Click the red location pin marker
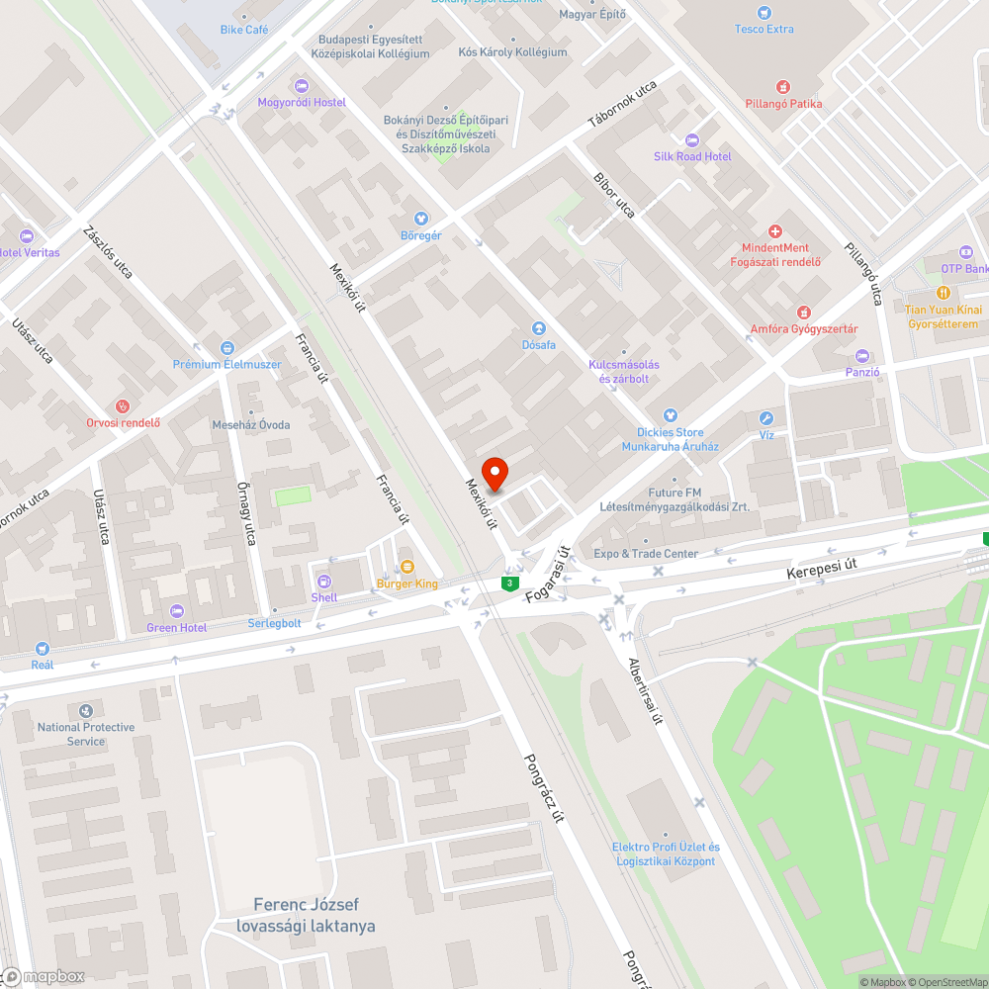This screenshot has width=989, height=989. pyautogui.click(x=494, y=473)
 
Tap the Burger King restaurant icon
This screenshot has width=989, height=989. pyautogui.click(x=406, y=567)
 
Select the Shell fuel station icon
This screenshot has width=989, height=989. pyautogui.click(x=323, y=581)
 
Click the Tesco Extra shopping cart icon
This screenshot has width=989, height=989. pyautogui.click(x=764, y=13)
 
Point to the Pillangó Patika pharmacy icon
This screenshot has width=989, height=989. pyautogui.click(x=783, y=87)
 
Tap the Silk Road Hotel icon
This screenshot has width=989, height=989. pyautogui.click(x=691, y=139)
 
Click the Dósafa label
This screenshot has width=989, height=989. pyautogui.click(x=539, y=344)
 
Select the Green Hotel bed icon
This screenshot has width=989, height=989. pyautogui.click(x=177, y=610)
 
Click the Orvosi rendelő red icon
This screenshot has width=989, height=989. pyautogui.click(x=123, y=405)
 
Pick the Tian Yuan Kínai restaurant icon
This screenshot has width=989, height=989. pyautogui.click(x=943, y=293)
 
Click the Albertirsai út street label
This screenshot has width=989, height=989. pyautogui.click(x=644, y=690)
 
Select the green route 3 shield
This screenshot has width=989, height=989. pyautogui.click(x=509, y=584)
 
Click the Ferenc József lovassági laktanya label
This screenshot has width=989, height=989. pyautogui.click(x=306, y=915)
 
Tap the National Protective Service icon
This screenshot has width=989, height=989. pyautogui.click(x=86, y=710)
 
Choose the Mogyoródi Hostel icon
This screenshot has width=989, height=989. pyautogui.click(x=302, y=86)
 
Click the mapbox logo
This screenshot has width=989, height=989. pyautogui.click(x=44, y=976)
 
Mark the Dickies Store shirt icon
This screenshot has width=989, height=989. pyautogui.click(x=670, y=415)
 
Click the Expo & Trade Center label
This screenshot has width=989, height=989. pyautogui.click(x=645, y=554)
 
